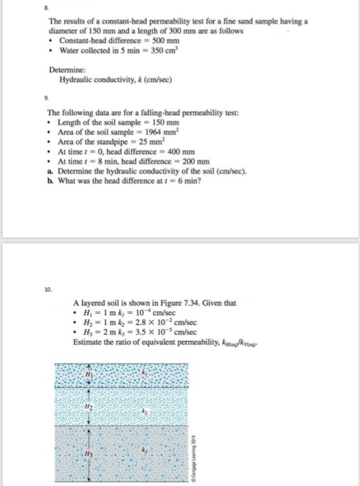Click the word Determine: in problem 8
click(x=67, y=72)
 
